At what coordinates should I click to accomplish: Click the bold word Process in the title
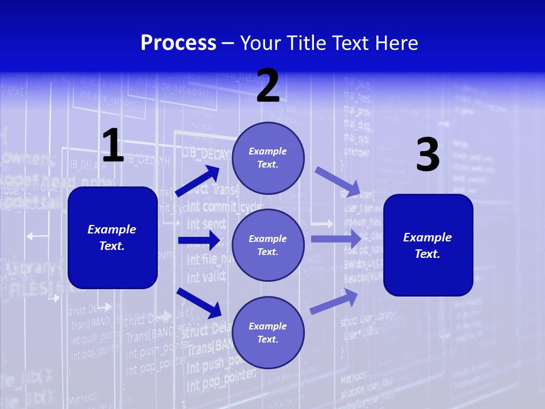[178, 43]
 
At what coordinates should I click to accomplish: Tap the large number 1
[113, 145]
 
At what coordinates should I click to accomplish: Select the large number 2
[268, 86]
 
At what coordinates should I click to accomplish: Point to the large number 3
[427, 155]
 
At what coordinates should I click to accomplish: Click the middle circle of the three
[268, 245]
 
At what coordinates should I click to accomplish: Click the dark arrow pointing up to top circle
[198, 181]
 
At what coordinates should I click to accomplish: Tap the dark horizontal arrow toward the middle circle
[199, 240]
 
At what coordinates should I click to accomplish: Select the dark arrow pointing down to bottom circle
[199, 303]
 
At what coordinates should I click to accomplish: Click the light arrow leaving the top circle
[337, 181]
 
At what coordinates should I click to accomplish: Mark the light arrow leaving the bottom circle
[334, 301]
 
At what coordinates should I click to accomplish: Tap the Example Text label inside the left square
[112, 237]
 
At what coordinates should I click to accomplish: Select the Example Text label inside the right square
[427, 245]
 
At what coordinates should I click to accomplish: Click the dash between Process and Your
[228, 43]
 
